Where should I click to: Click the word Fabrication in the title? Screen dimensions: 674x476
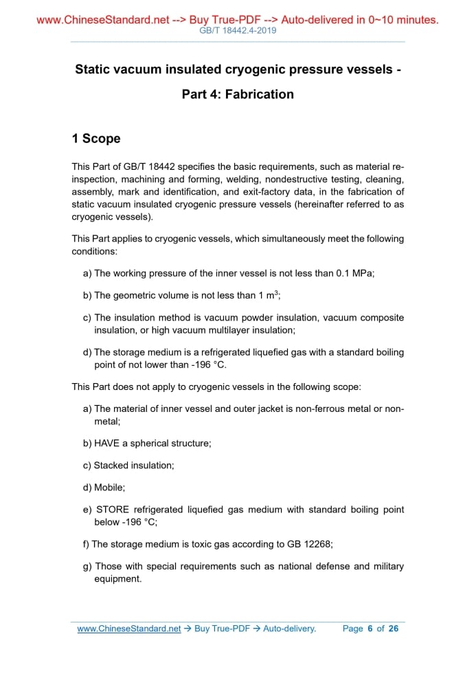click(259, 94)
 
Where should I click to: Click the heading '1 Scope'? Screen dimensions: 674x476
click(96, 138)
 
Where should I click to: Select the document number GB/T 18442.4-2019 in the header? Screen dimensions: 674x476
click(238, 31)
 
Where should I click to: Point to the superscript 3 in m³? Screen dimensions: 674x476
click(276, 292)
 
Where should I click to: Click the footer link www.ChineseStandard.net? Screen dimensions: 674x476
click(129, 629)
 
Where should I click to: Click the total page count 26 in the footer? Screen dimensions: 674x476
click(393, 629)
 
